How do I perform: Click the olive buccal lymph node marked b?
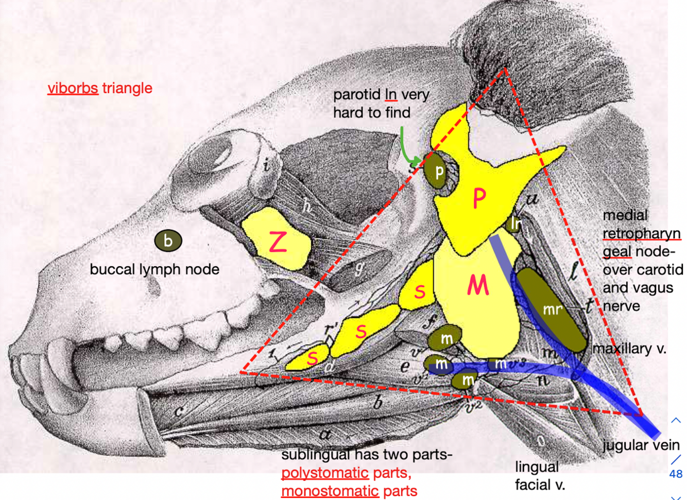pyautogui.click(x=168, y=240)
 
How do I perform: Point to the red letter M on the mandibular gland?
pyautogui.click(x=477, y=285)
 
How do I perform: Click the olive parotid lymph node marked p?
pyautogui.click(x=438, y=171)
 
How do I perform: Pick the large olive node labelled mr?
pyautogui.click(x=552, y=309)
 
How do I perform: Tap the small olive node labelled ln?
pyautogui.click(x=514, y=223)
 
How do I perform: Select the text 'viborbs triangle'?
pyautogui.click(x=100, y=88)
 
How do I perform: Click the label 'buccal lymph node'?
pyautogui.click(x=154, y=269)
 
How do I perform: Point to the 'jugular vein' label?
pyautogui.click(x=641, y=445)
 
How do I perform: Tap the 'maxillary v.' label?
pyautogui.click(x=629, y=349)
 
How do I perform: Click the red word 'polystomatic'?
pyautogui.click(x=325, y=473)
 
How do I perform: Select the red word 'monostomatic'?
pyautogui.click(x=330, y=491)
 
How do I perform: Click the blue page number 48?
pyautogui.click(x=676, y=474)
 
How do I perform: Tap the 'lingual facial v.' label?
pyautogui.click(x=540, y=476)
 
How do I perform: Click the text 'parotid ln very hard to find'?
pyautogui.click(x=380, y=104)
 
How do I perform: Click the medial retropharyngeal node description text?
pyautogui.click(x=642, y=261)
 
